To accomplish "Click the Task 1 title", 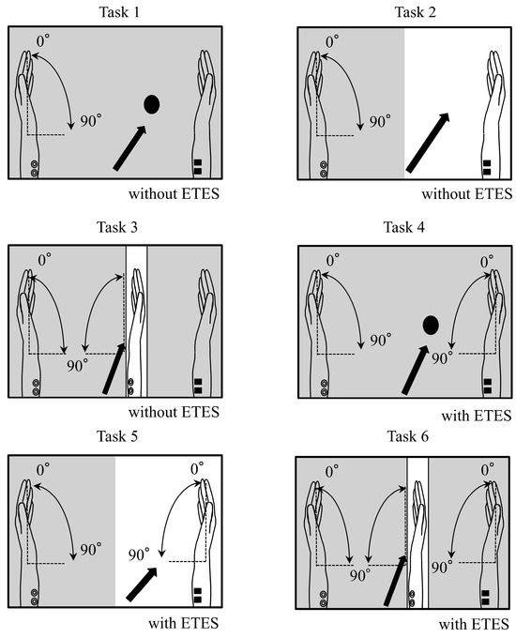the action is point(119,12).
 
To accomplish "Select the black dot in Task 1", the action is point(152,104).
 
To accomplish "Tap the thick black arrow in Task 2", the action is point(428,143).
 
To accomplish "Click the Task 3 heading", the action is point(117,227).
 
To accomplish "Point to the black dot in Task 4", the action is point(431,325).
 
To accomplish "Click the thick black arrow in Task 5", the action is point(142,585).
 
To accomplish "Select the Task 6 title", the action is point(408,436).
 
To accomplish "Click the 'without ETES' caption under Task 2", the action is point(467,193).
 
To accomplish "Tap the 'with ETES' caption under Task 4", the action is point(476,416).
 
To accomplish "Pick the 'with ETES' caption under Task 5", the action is point(184,623).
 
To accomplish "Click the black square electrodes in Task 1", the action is point(198,167).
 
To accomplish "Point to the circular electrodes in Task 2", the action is point(324,169).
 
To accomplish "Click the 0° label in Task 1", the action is point(43,40).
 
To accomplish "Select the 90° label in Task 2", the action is point(380,121).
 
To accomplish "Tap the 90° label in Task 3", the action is point(77,366).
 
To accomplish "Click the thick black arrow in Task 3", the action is point(114,369).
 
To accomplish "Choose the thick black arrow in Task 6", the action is point(395,581).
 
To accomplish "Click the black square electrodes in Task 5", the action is point(198,595).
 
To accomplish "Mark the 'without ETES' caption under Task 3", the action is point(174,412).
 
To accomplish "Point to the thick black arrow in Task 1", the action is point(129,148).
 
